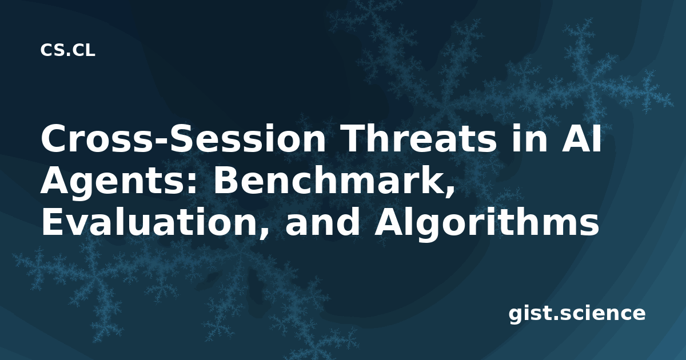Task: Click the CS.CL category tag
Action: click(67, 50)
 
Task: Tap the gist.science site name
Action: click(577, 314)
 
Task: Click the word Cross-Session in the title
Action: click(183, 138)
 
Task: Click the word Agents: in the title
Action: click(119, 182)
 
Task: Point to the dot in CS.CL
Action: click(67, 55)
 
